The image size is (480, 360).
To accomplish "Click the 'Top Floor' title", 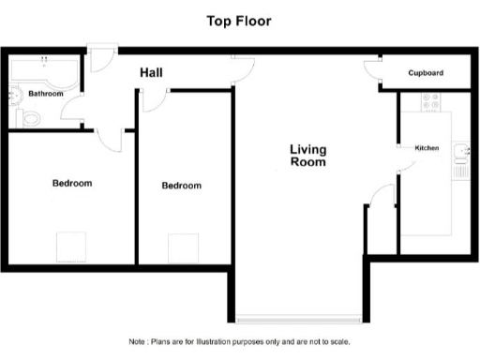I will (x=239, y=21).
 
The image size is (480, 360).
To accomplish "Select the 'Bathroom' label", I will (x=46, y=94).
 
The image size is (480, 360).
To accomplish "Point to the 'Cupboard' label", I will (x=426, y=73).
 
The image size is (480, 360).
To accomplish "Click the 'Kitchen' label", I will (x=427, y=148).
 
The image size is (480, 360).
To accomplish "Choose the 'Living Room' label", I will (x=307, y=156).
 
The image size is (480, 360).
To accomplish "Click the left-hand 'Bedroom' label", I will (x=72, y=183).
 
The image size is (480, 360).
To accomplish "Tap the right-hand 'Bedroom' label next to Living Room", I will (x=181, y=186).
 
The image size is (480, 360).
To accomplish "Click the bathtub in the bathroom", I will (x=44, y=71).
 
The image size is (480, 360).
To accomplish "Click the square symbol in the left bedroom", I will (x=71, y=247).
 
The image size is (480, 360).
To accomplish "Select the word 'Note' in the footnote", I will (x=137, y=341).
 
